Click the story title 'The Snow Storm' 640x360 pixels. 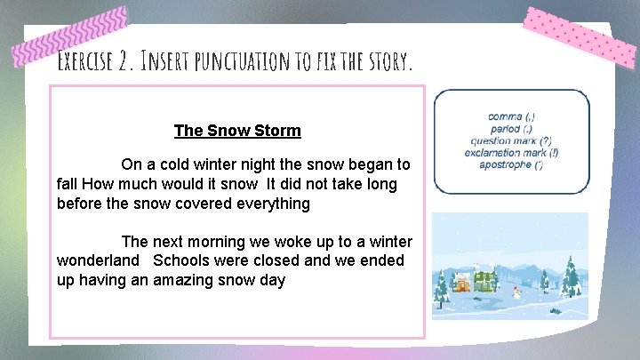(237, 131)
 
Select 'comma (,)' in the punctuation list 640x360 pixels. (511, 116)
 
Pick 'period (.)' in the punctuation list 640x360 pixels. (511, 129)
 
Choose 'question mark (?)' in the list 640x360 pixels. (511, 140)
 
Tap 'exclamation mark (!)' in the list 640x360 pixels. (511, 153)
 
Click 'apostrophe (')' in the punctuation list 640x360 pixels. (511, 164)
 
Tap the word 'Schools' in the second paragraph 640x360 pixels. (181, 260)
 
